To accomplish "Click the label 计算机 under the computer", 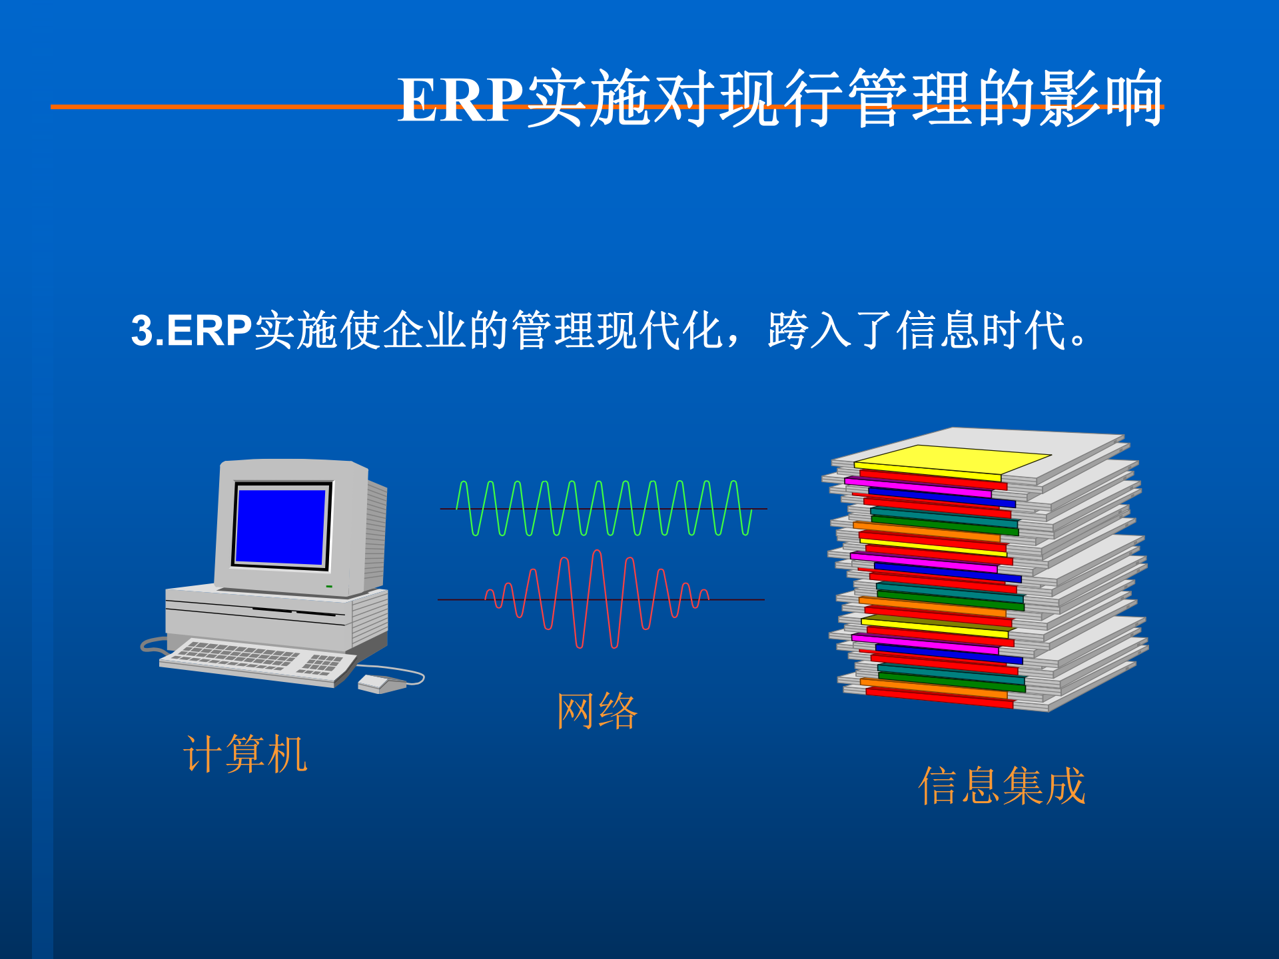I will coord(245,754).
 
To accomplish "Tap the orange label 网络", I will coord(597,711).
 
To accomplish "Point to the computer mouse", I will coord(378,683).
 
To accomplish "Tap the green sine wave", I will coord(604,508).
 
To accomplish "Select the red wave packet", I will coord(597,599).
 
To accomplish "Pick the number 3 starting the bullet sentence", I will coord(141,330).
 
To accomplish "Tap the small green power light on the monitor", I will coord(329,586).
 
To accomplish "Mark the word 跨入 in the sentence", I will coord(809,330).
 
